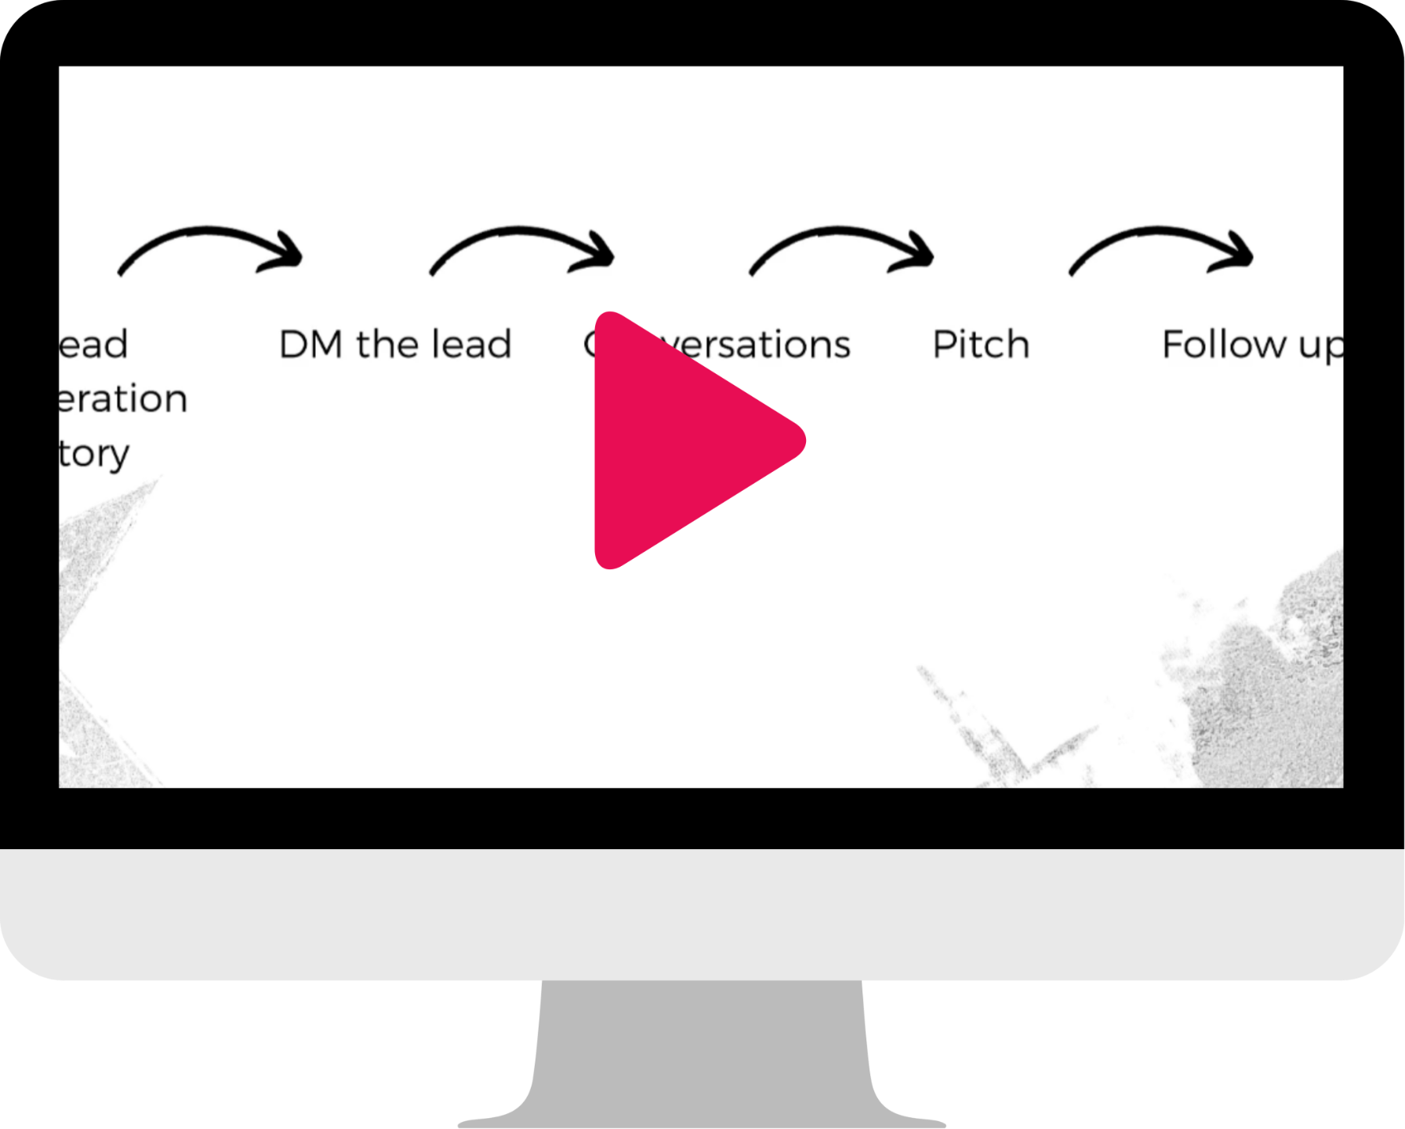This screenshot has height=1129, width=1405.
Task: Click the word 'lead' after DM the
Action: [x=471, y=345]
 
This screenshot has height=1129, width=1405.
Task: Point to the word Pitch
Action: [x=981, y=345]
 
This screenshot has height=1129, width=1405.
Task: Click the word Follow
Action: [x=1224, y=345]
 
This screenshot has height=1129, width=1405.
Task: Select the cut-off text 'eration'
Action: [x=123, y=399]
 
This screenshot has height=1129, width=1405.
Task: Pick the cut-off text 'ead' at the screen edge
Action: [x=94, y=345]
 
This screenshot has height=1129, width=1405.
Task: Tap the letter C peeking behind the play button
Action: [x=590, y=343]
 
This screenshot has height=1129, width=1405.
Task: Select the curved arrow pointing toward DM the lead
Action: [x=210, y=249]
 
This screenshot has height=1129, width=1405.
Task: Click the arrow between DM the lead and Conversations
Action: [x=522, y=249]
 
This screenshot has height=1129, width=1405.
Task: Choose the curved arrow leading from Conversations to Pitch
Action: [x=842, y=249]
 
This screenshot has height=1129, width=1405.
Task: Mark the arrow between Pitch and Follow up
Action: [x=1161, y=249]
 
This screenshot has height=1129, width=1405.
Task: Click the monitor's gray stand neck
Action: [x=702, y=1051]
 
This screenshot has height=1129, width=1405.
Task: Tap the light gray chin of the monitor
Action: [x=702, y=914]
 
